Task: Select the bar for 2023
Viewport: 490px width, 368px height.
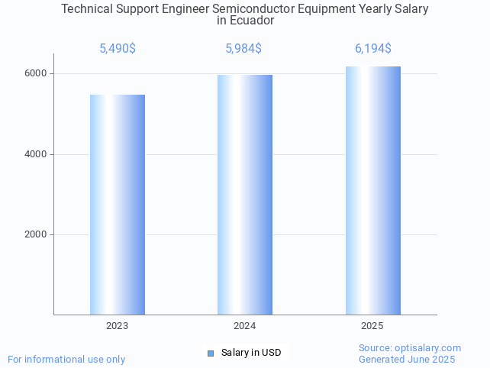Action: point(118,205)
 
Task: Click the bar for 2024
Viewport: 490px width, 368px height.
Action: point(245,195)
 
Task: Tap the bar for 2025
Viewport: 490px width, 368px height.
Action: point(372,190)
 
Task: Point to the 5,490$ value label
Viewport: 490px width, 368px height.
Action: point(118,49)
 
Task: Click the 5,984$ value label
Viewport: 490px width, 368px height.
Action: point(243,49)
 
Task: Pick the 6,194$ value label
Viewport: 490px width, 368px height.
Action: point(373,49)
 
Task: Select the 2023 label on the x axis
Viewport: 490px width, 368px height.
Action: point(118,326)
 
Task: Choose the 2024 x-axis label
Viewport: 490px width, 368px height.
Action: point(245,326)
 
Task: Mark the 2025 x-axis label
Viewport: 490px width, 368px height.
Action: point(372,326)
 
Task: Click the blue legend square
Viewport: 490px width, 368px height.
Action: point(211,353)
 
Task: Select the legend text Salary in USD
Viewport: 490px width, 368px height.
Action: point(251,353)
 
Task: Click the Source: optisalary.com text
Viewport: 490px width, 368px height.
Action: point(410,348)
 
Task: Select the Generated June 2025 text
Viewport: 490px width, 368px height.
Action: point(407,359)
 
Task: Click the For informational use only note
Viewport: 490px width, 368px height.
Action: point(66,359)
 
